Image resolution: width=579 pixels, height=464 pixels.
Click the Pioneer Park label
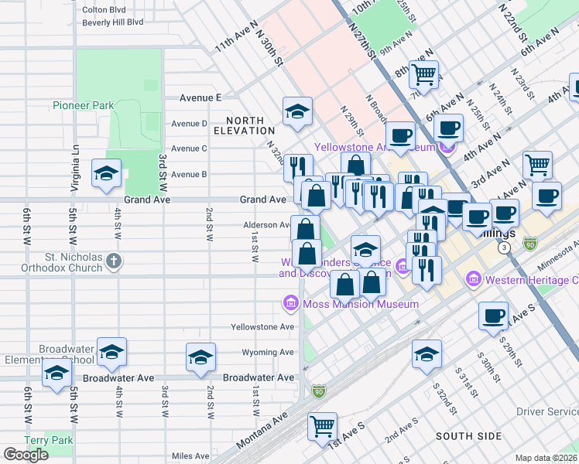pos(84,105)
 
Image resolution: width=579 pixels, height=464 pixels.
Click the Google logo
pos(26,454)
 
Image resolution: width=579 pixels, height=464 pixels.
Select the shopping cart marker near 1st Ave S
pos(322,425)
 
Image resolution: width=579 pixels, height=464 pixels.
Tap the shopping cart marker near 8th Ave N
pos(424,74)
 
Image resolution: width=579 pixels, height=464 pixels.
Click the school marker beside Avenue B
pos(106,173)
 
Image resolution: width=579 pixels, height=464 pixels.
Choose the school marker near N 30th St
pos(297,111)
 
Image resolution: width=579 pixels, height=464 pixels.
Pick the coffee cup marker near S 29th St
pos(494,316)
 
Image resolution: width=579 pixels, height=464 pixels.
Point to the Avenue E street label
pos(200,97)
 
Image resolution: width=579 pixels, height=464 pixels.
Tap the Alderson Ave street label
pos(267,225)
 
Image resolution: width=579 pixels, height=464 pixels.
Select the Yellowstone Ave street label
pos(263,327)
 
